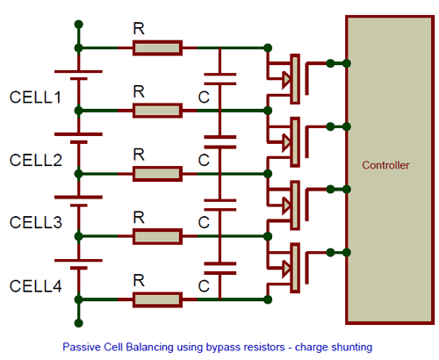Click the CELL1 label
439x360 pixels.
point(36,96)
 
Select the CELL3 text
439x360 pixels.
point(36,222)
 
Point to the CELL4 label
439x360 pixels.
point(36,285)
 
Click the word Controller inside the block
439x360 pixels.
point(385,165)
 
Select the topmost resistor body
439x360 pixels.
point(157,47)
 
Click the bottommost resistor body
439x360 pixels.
point(157,301)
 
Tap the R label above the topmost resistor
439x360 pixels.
point(139,28)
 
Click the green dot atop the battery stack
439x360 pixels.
point(79,24)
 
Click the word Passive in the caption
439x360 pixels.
point(82,347)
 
